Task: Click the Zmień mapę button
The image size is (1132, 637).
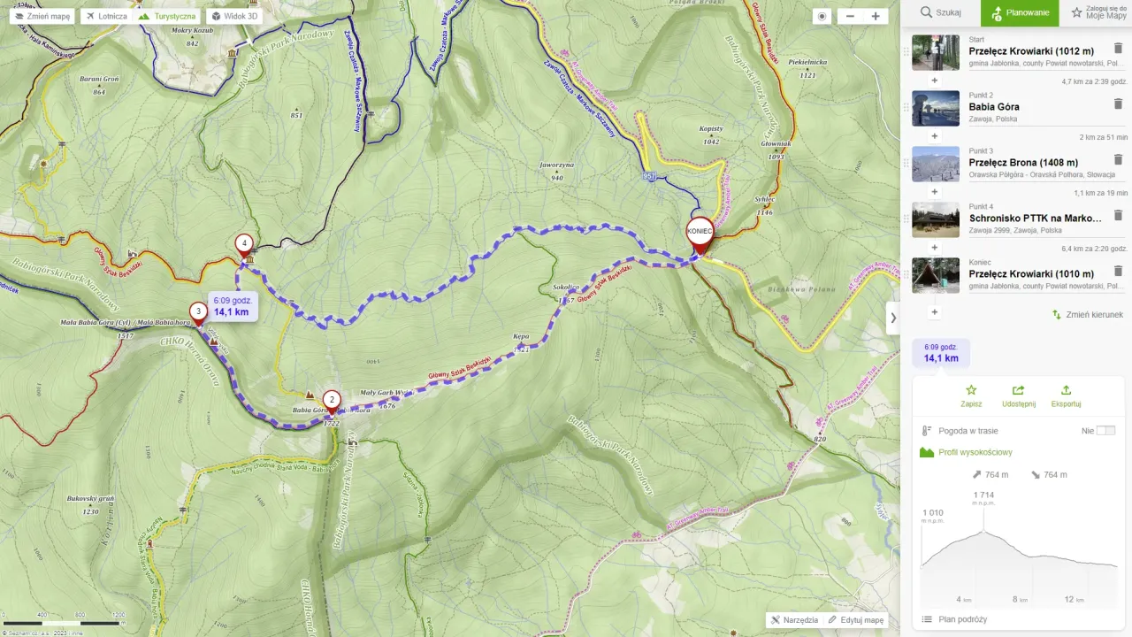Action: pos(42,16)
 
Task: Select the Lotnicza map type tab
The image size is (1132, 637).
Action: pos(105,16)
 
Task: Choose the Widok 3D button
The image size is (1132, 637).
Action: pos(233,16)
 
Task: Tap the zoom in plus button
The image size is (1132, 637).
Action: pos(875,16)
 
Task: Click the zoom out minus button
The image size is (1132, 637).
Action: pos(850,16)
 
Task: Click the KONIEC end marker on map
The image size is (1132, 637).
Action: pos(700,233)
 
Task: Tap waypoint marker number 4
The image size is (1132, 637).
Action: pos(244,243)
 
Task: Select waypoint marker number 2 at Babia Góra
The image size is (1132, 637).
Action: pos(331,400)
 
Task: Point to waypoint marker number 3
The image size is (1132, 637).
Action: pos(198,311)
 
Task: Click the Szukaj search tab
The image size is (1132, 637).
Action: pos(940,12)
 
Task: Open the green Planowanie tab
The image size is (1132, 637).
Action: pos(1020,12)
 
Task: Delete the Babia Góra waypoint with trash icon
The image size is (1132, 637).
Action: pos(1117,104)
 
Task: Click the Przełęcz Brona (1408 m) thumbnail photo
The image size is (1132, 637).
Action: pos(935,164)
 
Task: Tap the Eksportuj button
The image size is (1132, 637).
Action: pos(1066,395)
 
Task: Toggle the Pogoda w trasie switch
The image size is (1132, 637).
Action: pos(1105,431)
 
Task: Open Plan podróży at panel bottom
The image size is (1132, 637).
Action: pos(962,619)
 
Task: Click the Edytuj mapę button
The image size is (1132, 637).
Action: pos(855,620)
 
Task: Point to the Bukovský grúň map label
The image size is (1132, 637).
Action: pos(90,499)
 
